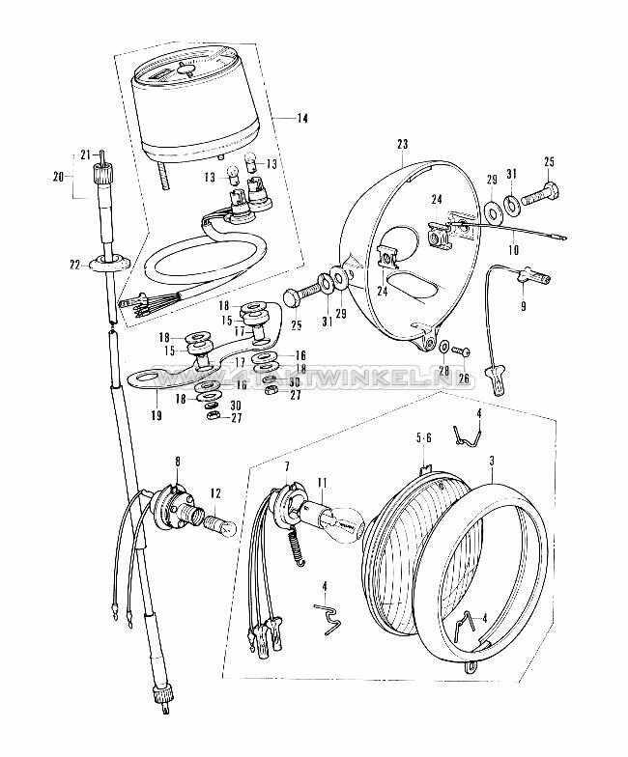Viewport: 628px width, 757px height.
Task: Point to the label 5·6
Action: click(x=422, y=437)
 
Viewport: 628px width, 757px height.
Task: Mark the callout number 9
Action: click(x=524, y=310)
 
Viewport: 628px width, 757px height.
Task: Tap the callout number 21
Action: click(x=84, y=154)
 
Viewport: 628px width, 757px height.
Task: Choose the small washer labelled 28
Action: click(x=442, y=346)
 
